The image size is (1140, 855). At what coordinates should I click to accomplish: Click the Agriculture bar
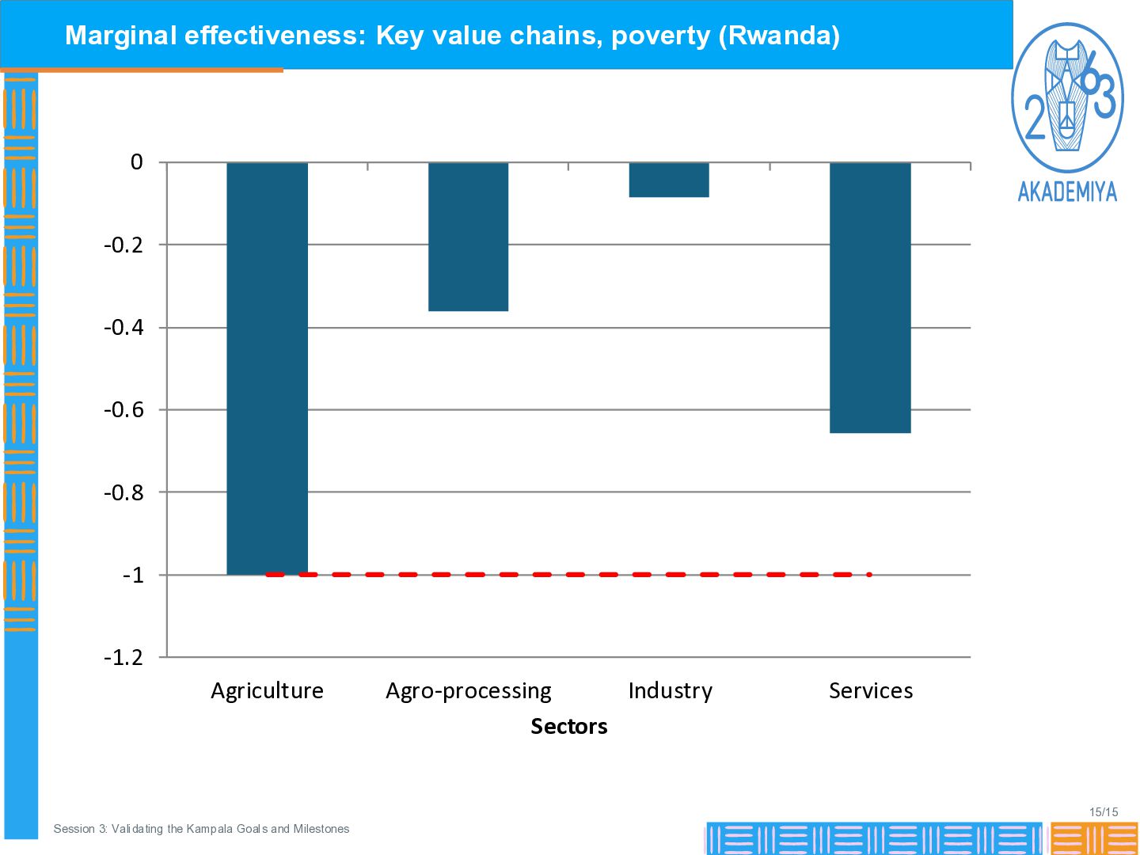click(x=267, y=369)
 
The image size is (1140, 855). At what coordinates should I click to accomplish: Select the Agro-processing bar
click(x=468, y=237)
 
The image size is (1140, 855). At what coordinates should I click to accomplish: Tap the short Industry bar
click(x=669, y=180)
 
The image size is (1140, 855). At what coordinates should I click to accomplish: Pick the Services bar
click(x=870, y=298)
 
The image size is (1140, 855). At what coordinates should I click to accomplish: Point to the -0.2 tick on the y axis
click(x=123, y=245)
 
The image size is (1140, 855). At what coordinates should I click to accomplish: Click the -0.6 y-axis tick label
click(x=123, y=410)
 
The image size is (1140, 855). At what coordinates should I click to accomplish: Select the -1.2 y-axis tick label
click(x=123, y=658)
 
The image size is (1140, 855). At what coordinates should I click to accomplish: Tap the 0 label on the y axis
click(x=137, y=162)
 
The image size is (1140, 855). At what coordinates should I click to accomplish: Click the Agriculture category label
click(x=267, y=691)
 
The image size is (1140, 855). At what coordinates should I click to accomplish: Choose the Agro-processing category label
click(x=468, y=691)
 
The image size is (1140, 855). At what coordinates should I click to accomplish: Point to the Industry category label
click(x=670, y=691)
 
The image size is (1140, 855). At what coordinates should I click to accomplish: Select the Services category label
click(x=871, y=690)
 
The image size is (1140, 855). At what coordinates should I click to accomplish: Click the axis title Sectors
click(x=568, y=726)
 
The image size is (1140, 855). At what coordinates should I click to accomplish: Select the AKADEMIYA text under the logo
click(x=1066, y=192)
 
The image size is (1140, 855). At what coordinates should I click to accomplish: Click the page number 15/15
click(x=1104, y=811)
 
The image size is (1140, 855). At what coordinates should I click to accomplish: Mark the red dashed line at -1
click(x=568, y=574)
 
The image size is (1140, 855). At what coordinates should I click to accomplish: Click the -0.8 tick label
click(x=123, y=492)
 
